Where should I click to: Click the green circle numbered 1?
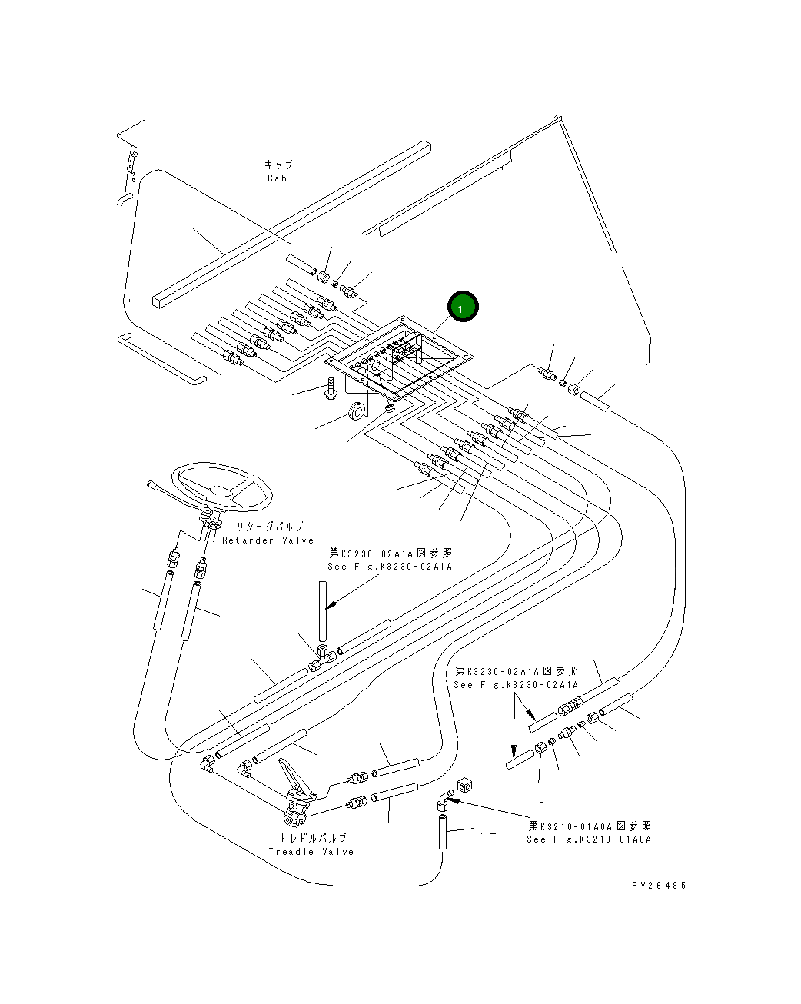(462, 307)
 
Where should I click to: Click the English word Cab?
(277, 178)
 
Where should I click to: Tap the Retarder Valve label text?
(268, 540)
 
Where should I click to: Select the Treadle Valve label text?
(311, 852)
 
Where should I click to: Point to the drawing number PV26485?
(659, 885)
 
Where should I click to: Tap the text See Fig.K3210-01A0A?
(589, 839)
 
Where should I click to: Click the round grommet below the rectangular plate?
(357, 411)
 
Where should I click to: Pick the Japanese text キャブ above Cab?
(278, 165)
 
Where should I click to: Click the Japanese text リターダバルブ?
(270, 527)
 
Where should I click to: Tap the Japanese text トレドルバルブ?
(314, 838)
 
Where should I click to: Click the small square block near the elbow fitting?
(464, 786)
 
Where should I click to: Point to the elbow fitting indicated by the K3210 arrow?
(444, 800)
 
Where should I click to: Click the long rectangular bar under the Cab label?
(291, 224)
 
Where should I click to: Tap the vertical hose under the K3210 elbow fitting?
(442, 831)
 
